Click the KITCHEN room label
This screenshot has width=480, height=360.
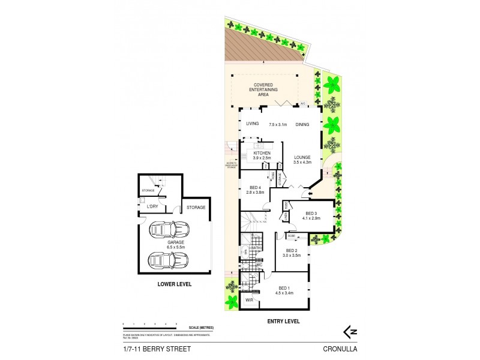[x=262, y=153]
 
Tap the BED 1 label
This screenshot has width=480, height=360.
[x=284, y=289]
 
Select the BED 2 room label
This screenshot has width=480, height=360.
[x=292, y=250]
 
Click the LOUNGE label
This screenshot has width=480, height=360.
[x=302, y=157]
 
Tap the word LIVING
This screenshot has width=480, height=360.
[x=252, y=124]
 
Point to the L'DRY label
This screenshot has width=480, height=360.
[x=153, y=206]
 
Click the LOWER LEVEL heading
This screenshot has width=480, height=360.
[x=174, y=284]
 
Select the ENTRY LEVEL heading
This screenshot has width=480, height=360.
[x=283, y=321]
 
